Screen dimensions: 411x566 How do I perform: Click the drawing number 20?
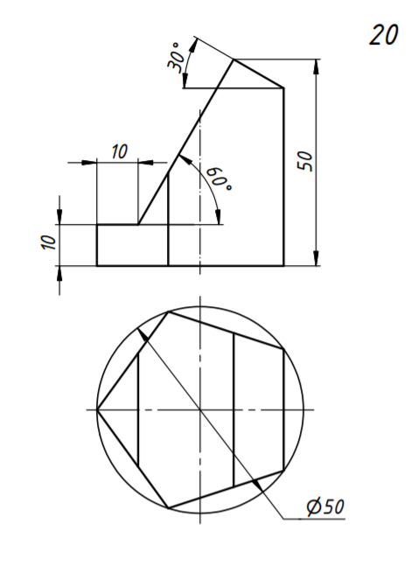[x=384, y=35]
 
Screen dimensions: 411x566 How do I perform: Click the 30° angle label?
[x=175, y=58]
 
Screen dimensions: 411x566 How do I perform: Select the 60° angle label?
[x=219, y=178]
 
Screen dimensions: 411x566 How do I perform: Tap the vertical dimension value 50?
[x=305, y=161]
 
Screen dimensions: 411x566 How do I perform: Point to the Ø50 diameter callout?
[x=326, y=507]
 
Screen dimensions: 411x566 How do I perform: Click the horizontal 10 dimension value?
[x=120, y=151]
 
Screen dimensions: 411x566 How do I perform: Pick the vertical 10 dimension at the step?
[x=49, y=242]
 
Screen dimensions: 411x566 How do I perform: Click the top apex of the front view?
[x=233, y=59]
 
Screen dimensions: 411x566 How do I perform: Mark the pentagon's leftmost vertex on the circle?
[x=97, y=409]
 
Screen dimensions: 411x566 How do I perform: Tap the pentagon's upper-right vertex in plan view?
[x=284, y=349]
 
